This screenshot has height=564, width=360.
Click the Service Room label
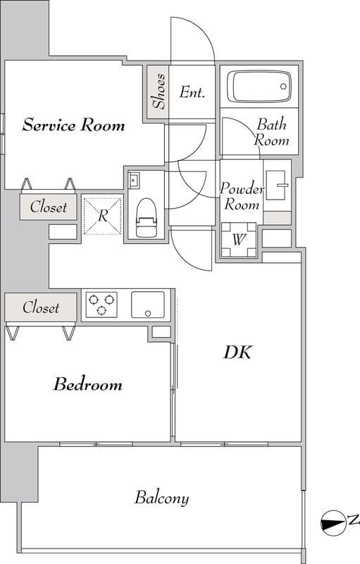tap(74, 125)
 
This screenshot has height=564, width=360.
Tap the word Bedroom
tap(88, 384)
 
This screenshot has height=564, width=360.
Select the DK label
tap(238, 352)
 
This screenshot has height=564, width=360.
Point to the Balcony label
tap(161, 498)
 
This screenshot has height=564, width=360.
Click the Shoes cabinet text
tap(159, 91)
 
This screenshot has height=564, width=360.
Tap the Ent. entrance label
tap(192, 92)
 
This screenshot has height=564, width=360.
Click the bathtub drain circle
tap(283, 86)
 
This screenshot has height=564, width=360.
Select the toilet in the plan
tap(147, 218)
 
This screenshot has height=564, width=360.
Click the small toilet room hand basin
tap(134, 180)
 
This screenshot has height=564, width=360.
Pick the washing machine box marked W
tap(239, 240)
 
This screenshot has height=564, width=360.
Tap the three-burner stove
tap(101, 305)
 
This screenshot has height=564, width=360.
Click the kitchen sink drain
tap(148, 314)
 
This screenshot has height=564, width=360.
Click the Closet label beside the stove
tap(41, 307)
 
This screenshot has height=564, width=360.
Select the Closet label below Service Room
tap(49, 207)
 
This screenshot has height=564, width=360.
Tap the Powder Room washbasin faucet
tap(283, 185)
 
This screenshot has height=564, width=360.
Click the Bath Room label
tap(271, 132)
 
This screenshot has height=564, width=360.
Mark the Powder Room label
tap(242, 197)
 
